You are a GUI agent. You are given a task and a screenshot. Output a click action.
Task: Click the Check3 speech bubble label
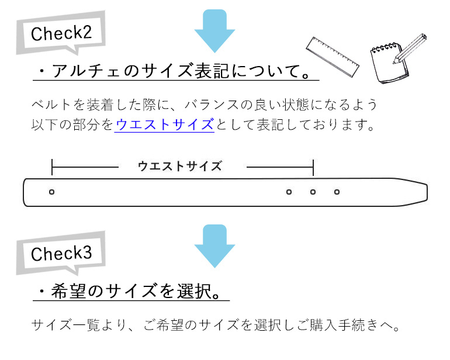click(x=61, y=253)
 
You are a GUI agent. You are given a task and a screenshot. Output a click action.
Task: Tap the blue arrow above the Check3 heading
click(x=214, y=245)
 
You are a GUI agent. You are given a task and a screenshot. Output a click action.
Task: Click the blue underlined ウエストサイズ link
click(x=164, y=124)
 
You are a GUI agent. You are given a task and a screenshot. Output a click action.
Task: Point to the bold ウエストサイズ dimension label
click(x=180, y=167)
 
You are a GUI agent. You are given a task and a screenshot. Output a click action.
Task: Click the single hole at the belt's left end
click(x=52, y=192)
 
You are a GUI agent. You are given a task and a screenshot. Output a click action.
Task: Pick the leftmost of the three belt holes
click(x=289, y=192)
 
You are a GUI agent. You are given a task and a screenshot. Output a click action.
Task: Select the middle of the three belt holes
click(x=313, y=192)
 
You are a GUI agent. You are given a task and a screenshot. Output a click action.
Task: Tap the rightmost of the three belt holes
click(x=337, y=192)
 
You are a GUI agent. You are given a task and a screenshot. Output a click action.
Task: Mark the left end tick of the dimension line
click(x=52, y=167)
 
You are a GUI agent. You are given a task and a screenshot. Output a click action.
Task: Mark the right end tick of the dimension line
click(x=313, y=167)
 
